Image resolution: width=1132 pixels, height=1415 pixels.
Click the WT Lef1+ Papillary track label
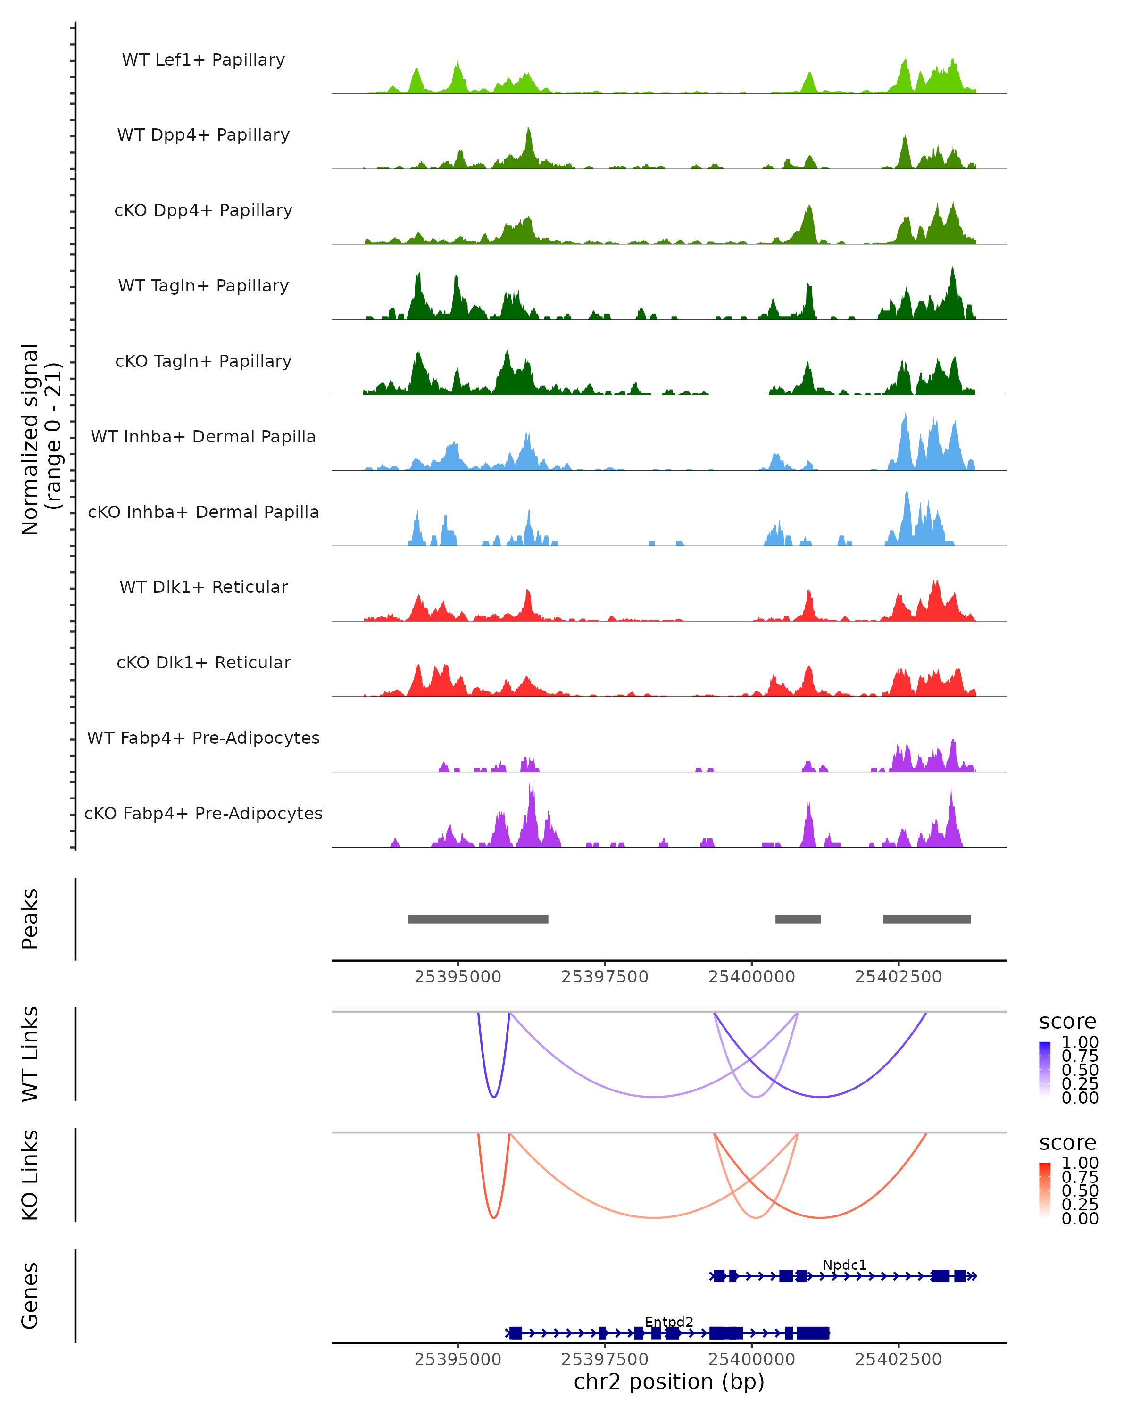[203, 60]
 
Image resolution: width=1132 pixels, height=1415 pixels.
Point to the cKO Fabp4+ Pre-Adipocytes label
[203, 813]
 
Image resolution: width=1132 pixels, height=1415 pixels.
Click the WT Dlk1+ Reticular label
[203, 587]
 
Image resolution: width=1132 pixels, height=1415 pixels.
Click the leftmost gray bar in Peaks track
[478, 919]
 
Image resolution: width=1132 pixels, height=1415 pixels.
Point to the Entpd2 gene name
[669, 1322]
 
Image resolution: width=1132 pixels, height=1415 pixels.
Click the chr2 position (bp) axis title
[669, 1382]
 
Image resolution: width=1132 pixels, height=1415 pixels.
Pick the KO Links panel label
[30, 1175]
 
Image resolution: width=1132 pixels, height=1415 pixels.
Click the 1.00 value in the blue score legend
[1080, 1042]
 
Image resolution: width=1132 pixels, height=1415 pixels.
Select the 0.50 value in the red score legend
[1080, 1190]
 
